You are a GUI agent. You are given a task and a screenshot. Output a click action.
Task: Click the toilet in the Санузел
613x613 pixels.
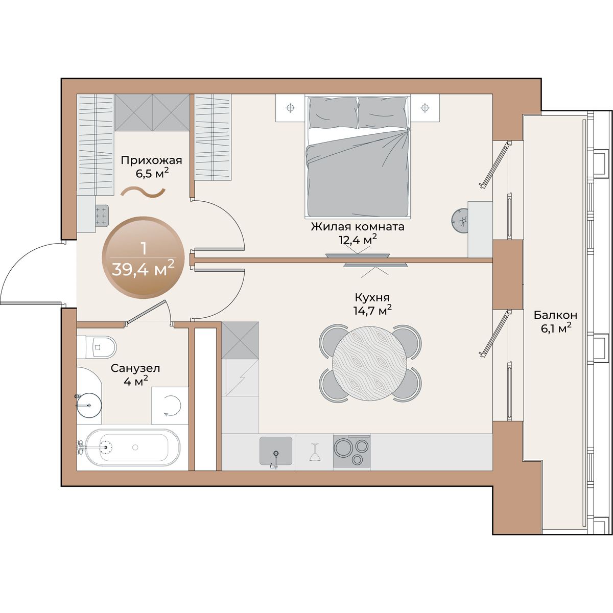click(97, 346)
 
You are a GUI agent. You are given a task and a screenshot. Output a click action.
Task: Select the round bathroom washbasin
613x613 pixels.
click(89, 405)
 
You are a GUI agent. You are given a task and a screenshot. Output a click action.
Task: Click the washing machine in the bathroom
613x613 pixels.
click(170, 405)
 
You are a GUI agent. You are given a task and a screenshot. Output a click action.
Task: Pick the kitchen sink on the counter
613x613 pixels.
click(276, 451)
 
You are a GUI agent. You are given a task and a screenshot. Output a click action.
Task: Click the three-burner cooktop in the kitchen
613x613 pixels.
click(351, 452)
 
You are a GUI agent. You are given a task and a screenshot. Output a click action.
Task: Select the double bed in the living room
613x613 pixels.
click(358, 156)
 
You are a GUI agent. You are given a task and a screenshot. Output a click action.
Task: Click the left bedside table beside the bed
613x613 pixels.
click(290, 108)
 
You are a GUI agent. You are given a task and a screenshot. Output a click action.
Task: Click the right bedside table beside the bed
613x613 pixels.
click(425, 108)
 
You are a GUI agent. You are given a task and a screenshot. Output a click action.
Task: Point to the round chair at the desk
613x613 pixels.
click(460, 221)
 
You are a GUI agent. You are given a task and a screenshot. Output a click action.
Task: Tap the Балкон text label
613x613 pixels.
click(555, 315)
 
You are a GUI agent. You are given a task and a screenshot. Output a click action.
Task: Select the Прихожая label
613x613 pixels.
click(151, 160)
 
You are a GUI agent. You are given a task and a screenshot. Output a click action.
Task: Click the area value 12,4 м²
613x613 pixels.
click(358, 240)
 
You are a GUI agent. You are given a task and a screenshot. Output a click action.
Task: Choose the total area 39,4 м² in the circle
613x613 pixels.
click(143, 269)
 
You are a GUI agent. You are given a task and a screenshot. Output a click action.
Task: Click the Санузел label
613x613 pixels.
click(135, 368)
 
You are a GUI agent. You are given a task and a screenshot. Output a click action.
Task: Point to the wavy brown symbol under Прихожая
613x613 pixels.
click(144, 193)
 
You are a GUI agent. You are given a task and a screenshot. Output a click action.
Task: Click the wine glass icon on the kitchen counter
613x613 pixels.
click(314, 452)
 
